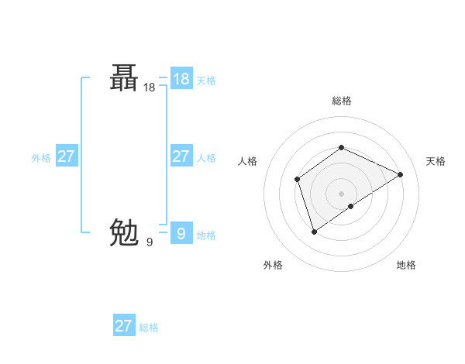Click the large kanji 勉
(x=125, y=232)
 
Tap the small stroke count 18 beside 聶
(x=150, y=88)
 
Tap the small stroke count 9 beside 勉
(x=150, y=242)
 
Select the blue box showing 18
(x=181, y=79)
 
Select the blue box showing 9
(x=181, y=233)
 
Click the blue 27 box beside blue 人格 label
(x=181, y=156)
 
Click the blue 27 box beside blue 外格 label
(x=66, y=156)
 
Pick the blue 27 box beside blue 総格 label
(x=123, y=325)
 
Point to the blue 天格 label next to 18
(x=206, y=81)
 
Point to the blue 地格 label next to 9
(x=206, y=235)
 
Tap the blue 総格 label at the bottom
(x=149, y=328)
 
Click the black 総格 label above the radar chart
(x=341, y=101)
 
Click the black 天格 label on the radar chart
(x=436, y=161)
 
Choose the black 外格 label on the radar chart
(x=273, y=265)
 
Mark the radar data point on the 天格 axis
(x=401, y=174)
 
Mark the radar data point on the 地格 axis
(x=351, y=206)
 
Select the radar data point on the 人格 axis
(x=297, y=180)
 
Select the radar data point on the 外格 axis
(x=314, y=231)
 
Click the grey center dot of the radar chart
(x=341, y=193)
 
